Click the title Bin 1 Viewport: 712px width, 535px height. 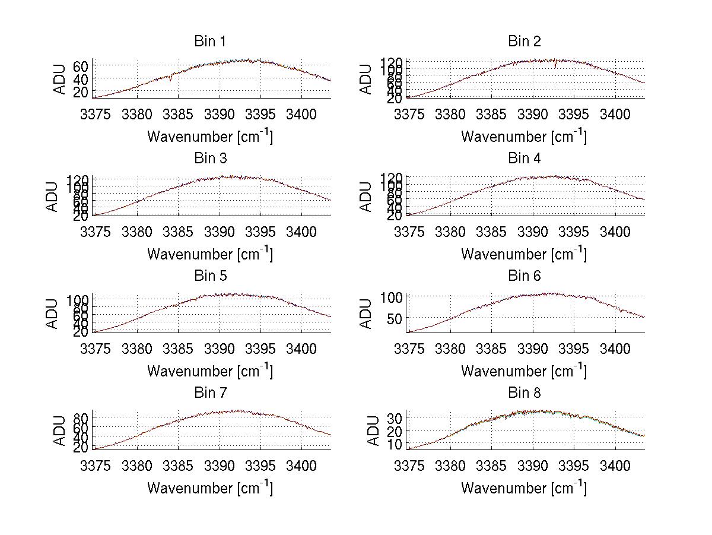click(209, 42)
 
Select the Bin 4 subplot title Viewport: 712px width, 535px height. click(524, 159)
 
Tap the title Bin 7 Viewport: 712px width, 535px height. click(209, 393)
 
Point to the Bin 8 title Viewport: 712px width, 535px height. click(524, 393)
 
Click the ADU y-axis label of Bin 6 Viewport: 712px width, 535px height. click(367, 314)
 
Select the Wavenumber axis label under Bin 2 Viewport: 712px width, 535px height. click(524, 137)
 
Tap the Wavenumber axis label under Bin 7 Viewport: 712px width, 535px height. click(209, 488)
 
